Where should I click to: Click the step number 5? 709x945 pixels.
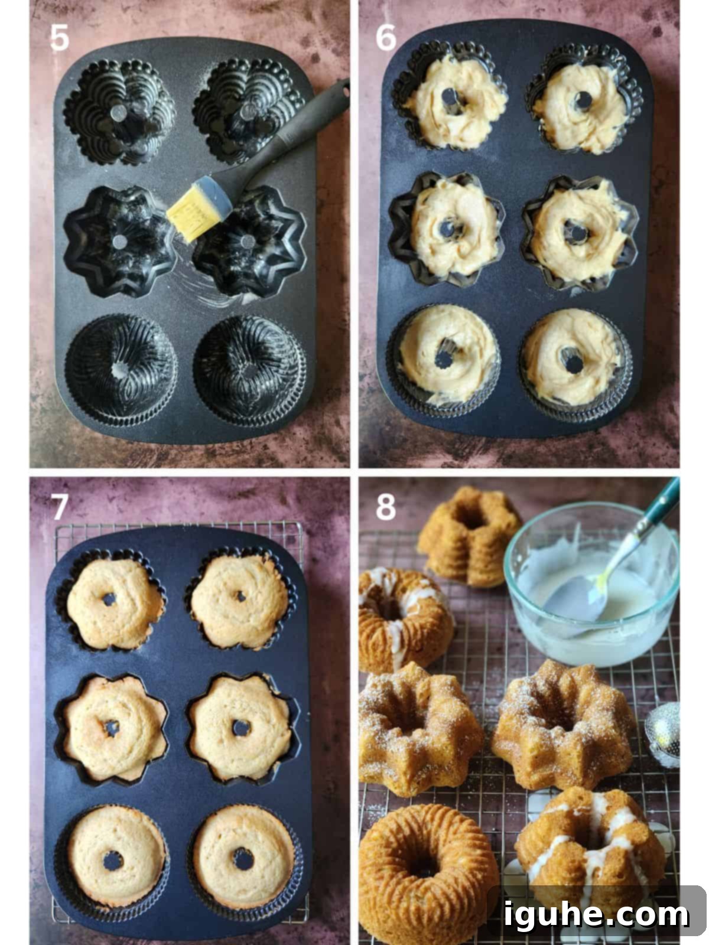(60, 37)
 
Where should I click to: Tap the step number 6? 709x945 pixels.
(386, 37)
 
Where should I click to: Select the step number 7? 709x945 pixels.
(60, 506)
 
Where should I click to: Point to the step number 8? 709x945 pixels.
(386, 507)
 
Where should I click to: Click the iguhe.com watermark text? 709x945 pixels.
(596, 914)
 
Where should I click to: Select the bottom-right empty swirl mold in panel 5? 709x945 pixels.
(249, 371)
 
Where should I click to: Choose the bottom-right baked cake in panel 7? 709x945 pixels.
(243, 859)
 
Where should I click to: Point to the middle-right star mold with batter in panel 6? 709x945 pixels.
(579, 233)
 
